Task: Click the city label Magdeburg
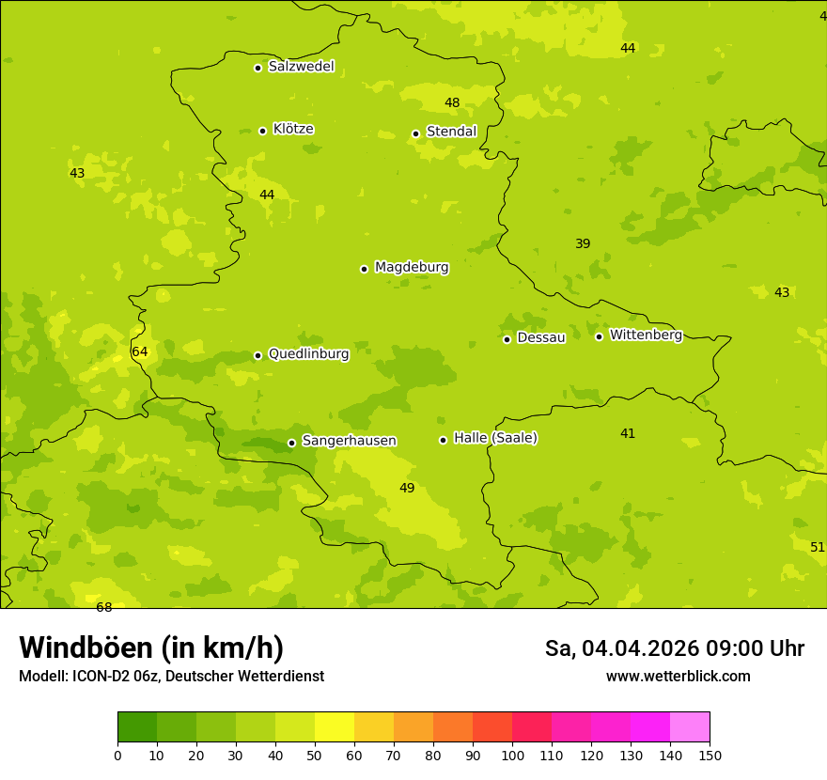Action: pyautogui.click(x=412, y=268)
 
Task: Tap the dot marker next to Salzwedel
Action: pyautogui.click(x=257, y=68)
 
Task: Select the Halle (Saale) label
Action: pyautogui.click(x=495, y=438)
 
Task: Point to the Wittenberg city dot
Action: pyautogui.click(x=599, y=336)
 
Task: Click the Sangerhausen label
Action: pyautogui.click(x=349, y=441)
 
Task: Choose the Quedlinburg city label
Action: pyautogui.click(x=308, y=354)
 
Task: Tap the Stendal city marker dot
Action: pyautogui.click(x=415, y=133)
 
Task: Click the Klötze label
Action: pyautogui.click(x=293, y=129)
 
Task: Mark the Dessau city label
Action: pyautogui.click(x=541, y=337)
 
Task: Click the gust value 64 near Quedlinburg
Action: pyautogui.click(x=140, y=352)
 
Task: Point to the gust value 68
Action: pyautogui.click(x=104, y=608)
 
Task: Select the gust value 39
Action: pyautogui.click(x=583, y=244)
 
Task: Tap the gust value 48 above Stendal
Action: pyautogui.click(x=452, y=103)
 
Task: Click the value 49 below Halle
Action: pyautogui.click(x=407, y=489)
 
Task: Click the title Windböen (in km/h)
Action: pyautogui.click(x=151, y=647)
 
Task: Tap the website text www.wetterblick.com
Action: pyautogui.click(x=678, y=677)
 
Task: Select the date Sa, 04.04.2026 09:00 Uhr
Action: pyautogui.click(x=674, y=648)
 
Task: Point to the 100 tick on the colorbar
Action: pyautogui.click(x=512, y=755)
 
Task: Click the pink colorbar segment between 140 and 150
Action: pyautogui.click(x=690, y=727)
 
